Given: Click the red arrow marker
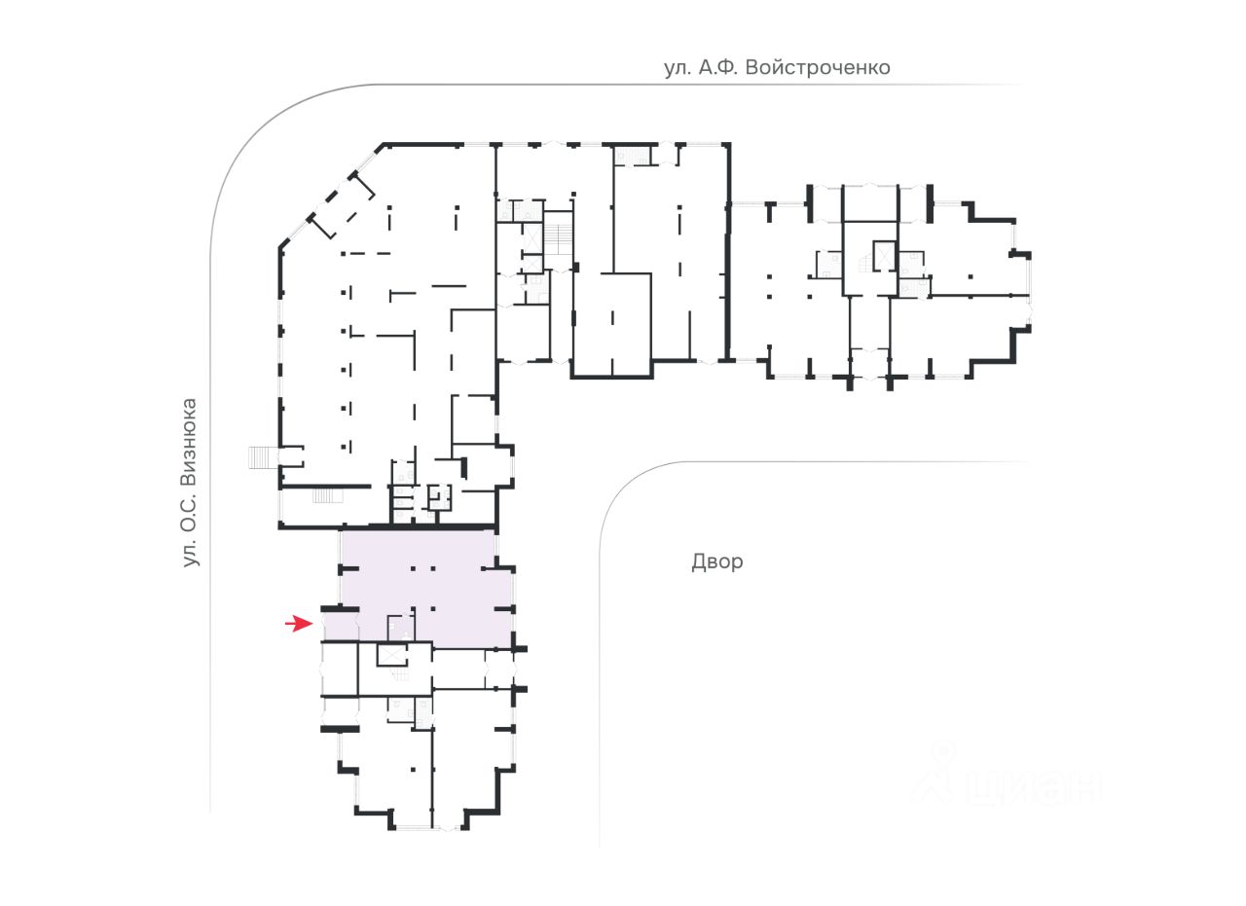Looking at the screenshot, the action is (x=299, y=624).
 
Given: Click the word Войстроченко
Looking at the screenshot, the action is (x=818, y=67).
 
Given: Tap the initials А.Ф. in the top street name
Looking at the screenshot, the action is (x=718, y=67).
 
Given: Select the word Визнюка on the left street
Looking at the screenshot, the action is (x=190, y=443).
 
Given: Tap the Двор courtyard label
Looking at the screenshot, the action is (x=717, y=562).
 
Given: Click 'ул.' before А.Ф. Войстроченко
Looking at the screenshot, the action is (x=678, y=68).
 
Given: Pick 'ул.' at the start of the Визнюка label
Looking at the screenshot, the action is (x=190, y=554).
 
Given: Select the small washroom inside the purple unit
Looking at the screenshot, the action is (x=400, y=628).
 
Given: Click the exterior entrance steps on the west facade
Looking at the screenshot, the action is (x=259, y=457).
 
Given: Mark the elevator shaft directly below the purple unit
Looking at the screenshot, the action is (x=392, y=654).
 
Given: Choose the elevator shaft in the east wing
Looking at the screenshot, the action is (x=884, y=255).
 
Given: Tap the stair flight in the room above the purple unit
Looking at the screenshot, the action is (x=328, y=495).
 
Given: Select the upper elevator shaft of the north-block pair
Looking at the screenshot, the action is (x=532, y=236).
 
